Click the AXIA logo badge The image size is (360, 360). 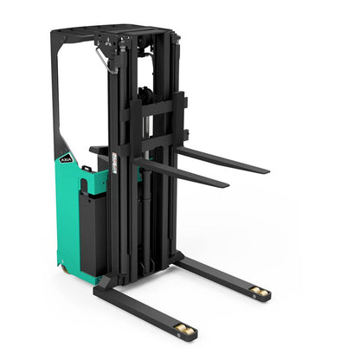pos(67,157)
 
